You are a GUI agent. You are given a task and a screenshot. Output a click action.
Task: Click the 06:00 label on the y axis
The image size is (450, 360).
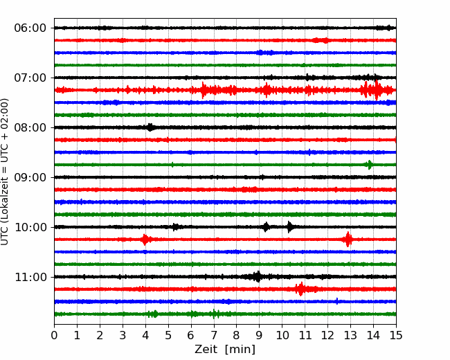tap(30, 28)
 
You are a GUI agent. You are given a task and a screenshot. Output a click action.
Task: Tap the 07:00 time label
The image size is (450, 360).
tap(30, 78)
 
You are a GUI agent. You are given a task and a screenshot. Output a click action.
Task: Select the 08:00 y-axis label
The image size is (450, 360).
tap(30, 127)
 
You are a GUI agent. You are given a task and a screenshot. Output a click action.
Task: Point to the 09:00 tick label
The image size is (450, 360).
tap(30, 177)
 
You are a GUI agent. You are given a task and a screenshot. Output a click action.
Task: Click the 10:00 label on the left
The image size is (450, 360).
tap(30, 227)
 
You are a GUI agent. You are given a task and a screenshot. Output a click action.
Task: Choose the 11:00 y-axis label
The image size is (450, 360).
tap(30, 277)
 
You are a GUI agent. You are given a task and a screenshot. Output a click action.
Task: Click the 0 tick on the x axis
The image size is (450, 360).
tap(54, 335)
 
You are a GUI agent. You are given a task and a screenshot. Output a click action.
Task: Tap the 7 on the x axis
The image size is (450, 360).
tap(213, 335)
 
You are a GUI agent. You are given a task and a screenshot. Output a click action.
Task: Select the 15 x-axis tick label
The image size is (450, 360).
tap(396, 335)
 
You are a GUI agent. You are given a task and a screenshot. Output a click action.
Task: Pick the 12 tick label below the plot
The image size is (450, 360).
tap(327, 335)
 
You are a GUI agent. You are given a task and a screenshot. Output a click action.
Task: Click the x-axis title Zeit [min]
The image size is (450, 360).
tap(225, 350)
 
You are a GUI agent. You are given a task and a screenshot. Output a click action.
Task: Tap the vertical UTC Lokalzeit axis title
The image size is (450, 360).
tap(4, 172)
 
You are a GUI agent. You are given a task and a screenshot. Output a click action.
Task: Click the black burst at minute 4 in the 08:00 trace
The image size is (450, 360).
tap(150, 127)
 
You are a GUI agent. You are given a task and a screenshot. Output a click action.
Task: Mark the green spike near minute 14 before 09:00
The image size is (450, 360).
tap(370, 165)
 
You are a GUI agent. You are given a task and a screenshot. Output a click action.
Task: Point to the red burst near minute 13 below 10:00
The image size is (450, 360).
tap(348, 240)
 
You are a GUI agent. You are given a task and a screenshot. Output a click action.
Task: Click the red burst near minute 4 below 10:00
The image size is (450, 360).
tap(145, 240)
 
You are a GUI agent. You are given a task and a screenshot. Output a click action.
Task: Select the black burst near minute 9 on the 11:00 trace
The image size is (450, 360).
tap(258, 276)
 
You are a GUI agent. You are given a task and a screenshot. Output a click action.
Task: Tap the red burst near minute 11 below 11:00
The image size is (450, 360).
tap(300, 289)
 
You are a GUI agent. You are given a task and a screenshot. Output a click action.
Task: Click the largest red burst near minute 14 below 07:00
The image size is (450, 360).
tap(376, 90)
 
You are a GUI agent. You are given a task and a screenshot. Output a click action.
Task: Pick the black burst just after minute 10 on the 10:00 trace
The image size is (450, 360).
tap(290, 227)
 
